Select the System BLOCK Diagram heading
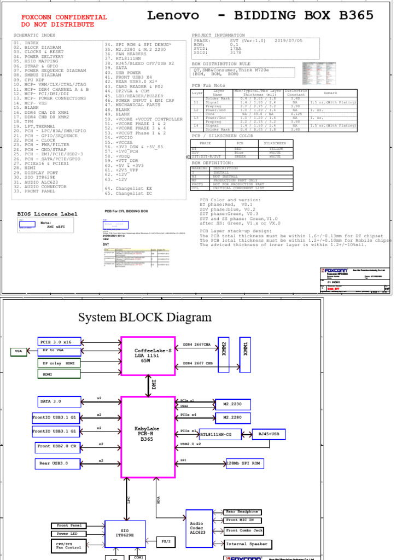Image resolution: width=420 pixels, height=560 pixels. [144, 318]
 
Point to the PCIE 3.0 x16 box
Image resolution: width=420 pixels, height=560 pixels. [60, 342]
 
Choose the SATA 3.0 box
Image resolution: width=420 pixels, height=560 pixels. [60, 401]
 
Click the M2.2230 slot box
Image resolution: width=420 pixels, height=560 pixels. [233, 404]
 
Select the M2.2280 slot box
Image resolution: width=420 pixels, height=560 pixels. [233, 418]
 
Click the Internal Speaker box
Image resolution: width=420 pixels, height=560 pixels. [248, 544]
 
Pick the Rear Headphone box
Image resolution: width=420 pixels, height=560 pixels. [242, 512]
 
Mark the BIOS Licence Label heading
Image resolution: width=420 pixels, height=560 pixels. [47, 214]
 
